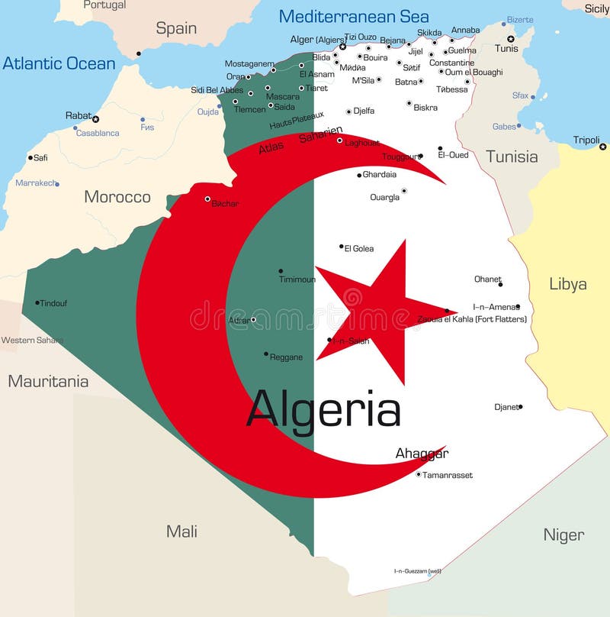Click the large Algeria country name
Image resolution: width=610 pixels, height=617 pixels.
click(x=323, y=410)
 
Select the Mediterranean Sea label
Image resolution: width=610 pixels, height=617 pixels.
click(x=353, y=16)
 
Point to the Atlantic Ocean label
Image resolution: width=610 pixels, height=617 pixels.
click(x=59, y=63)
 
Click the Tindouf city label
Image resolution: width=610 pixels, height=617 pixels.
click(x=53, y=303)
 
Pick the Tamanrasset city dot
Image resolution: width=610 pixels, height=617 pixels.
click(x=419, y=474)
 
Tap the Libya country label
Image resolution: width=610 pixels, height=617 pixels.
click(x=567, y=284)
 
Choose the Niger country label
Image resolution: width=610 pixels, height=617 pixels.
click(x=563, y=535)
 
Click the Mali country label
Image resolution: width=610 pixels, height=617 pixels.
click(x=181, y=531)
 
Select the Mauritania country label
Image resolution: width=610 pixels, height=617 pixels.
click(x=48, y=381)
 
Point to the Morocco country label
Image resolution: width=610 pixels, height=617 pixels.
click(x=117, y=197)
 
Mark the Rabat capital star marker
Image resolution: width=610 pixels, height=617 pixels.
click(x=95, y=119)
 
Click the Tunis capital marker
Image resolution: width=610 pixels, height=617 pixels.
click(x=511, y=38)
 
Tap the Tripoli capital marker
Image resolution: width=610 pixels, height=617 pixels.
click(x=602, y=146)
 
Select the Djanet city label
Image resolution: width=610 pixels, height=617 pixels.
click(x=506, y=407)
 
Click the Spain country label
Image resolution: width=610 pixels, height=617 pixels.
click(x=176, y=29)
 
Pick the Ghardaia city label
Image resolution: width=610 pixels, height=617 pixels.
click(x=379, y=175)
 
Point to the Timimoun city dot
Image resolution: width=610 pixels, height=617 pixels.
click(x=281, y=270)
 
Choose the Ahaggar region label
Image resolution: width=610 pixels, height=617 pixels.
click(x=422, y=454)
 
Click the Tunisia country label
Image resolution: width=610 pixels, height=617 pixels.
click(x=512, y=157)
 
